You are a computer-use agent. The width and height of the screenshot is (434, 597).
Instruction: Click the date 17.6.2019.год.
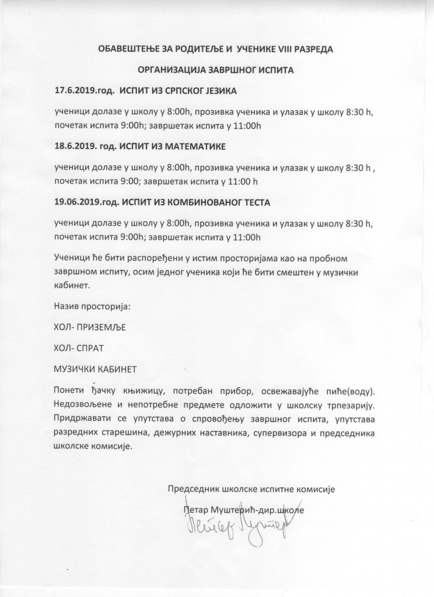[84, 92]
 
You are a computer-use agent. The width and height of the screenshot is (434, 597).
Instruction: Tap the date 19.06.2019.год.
[86, 202]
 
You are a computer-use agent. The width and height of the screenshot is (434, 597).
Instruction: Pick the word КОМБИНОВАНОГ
[201, 202]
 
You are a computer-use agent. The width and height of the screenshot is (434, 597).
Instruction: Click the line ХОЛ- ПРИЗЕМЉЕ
[89, 326]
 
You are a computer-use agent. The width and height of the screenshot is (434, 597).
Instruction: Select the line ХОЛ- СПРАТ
[78, 348]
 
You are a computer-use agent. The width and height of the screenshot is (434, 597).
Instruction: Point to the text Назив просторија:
[92, 305]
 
